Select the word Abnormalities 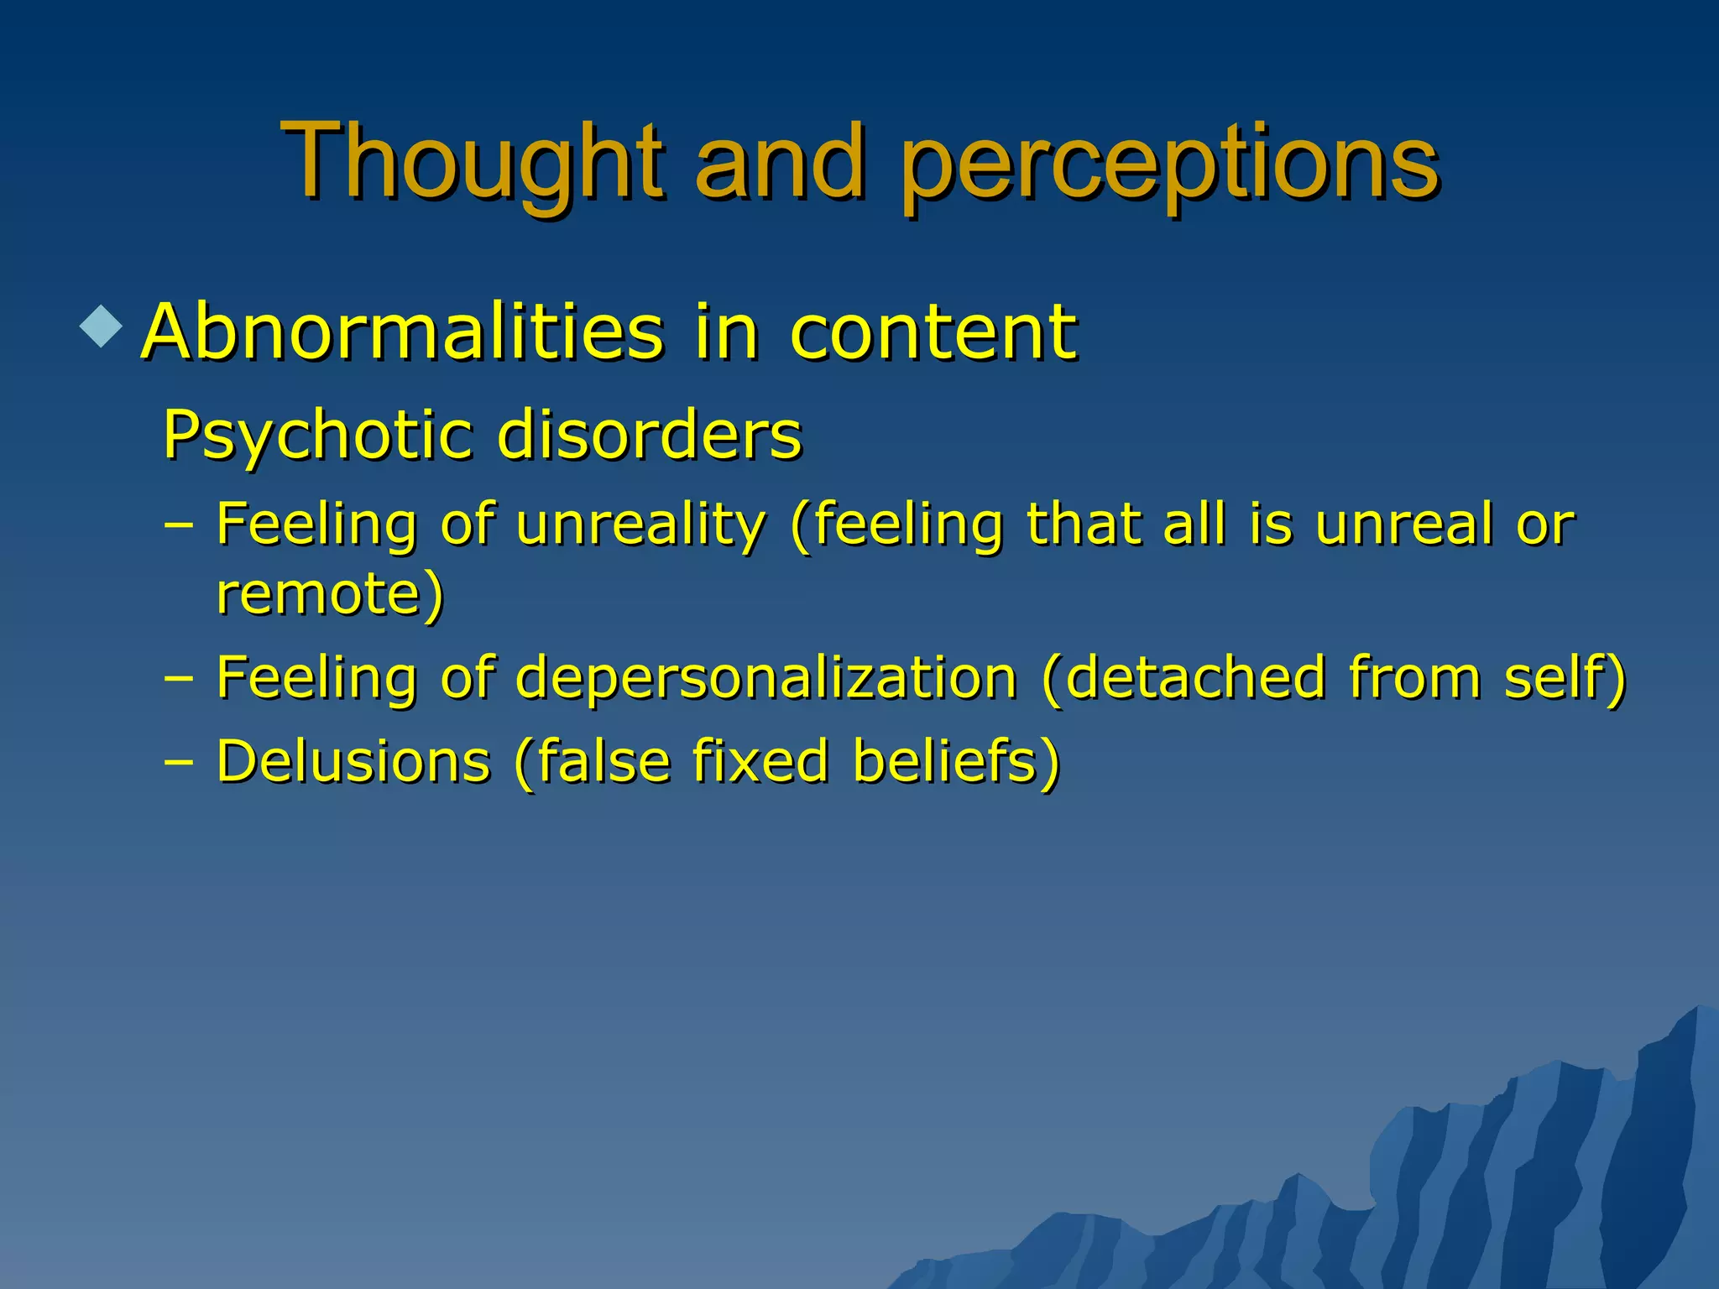coord(403,332)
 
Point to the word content coord(933,332)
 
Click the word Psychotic coord(319,436)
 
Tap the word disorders coord(650,436)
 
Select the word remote coord(319,594)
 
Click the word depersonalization coord(765,678)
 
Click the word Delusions coord(353,762)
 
